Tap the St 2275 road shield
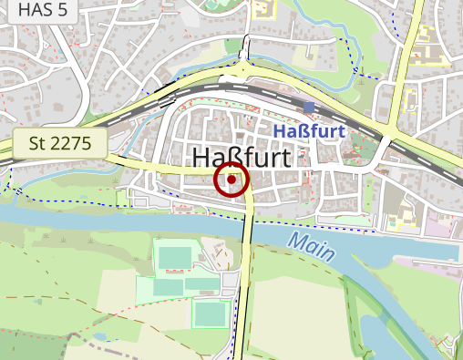[x=60, y=142]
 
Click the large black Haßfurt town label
[x=242, y=158]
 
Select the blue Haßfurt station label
[x=308, y=132]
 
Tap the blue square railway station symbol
[x=309, y=108]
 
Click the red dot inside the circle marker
[x=231, y=180]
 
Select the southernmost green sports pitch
[x=211, y=314]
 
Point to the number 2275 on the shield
[x=74, y=142]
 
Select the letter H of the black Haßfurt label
[x=202, y=158]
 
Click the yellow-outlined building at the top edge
[x=264, y=10]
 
